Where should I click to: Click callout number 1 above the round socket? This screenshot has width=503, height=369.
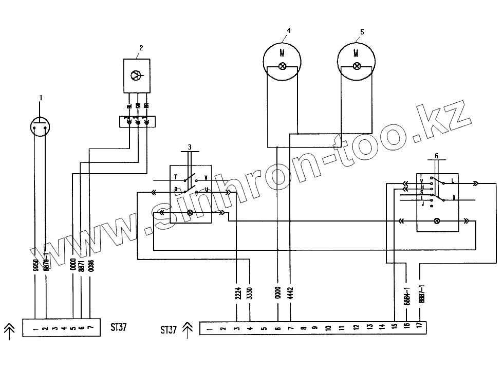point(41,97)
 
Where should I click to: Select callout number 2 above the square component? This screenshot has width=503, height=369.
point(141,48)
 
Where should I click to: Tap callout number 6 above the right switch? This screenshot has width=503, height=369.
point(437,155)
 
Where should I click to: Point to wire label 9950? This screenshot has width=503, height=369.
point(34,264)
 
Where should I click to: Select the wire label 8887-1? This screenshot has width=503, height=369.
point(420,294)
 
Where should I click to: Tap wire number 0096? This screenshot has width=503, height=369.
point(90,264)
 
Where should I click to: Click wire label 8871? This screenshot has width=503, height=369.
point(82,264)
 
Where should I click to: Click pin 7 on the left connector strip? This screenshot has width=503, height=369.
point(90,327)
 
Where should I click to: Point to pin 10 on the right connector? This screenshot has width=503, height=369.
point(329,327)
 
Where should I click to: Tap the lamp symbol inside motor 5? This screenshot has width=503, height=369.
point(357,66)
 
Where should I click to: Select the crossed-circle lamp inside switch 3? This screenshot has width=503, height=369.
point(191,212)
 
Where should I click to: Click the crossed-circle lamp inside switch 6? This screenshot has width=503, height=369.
point(437,221)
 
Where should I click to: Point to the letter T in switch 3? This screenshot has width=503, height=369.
point(175,177)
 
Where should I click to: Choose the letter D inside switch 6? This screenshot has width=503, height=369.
point(454,197)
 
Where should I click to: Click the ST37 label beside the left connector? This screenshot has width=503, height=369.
point(119,327)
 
